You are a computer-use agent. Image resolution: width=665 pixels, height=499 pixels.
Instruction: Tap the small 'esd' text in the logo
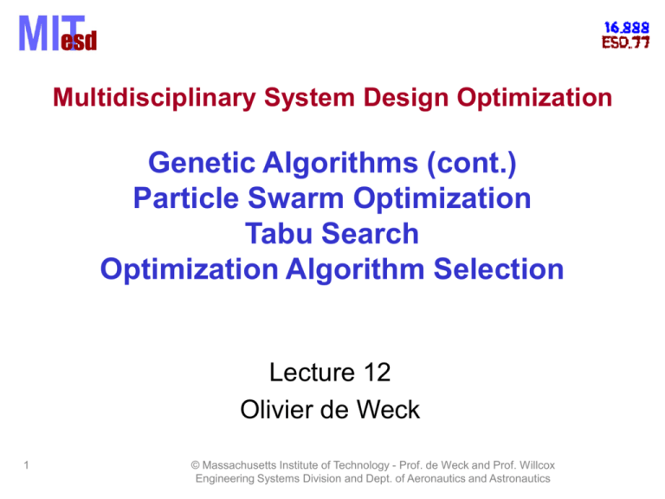79,41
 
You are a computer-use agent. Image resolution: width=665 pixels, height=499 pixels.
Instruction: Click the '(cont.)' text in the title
478,161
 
